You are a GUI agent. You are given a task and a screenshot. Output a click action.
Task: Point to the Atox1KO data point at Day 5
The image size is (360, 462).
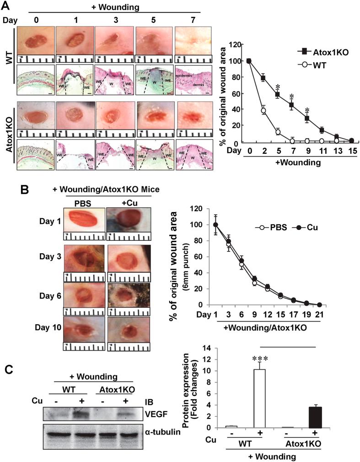pos(277,95)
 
